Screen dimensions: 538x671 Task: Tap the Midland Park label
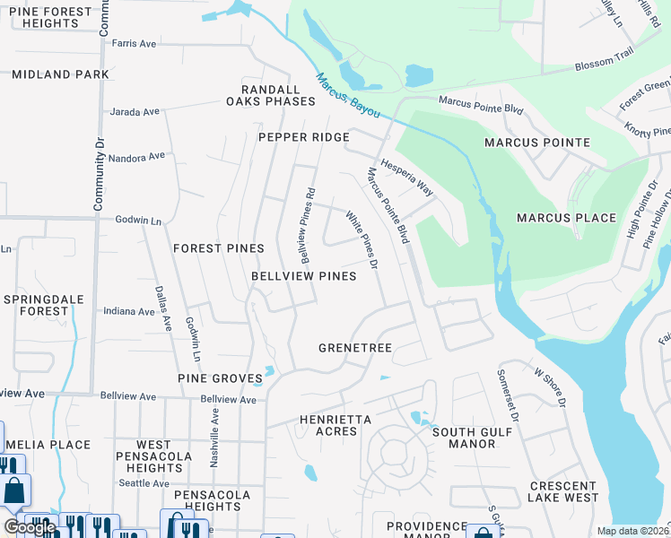[60, 74]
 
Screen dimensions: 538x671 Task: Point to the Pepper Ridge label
[303, 137]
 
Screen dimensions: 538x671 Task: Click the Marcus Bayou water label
[347, 97]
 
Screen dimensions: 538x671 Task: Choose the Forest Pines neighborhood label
[219, 248]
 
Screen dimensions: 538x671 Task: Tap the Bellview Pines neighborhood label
[303, 276]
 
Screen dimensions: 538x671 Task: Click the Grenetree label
[351, 347]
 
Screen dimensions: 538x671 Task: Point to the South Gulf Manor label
[471, 438]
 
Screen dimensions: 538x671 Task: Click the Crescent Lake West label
[563, 491]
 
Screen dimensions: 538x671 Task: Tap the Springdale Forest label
[36, 305]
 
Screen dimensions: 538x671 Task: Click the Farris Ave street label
[135, 43]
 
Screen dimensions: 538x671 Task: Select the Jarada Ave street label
[135, 112]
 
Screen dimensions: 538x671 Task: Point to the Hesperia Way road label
[407, 178]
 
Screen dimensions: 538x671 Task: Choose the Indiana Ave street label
[129, 312]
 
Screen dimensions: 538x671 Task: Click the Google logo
[30, 527]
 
